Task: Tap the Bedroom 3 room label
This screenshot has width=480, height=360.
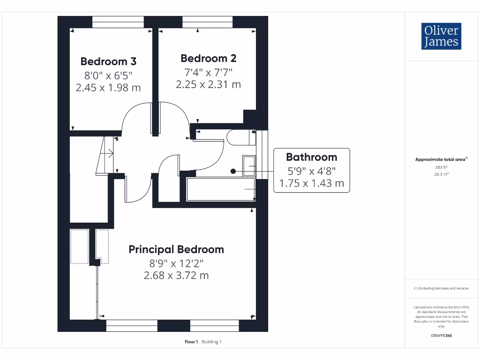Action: point(108,61)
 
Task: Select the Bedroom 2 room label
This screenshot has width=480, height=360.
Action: point(208,59)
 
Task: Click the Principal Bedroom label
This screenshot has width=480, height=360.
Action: point(176,249)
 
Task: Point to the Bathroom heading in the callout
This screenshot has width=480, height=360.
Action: point(311,157)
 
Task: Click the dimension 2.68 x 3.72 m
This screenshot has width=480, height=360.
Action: point(176,275)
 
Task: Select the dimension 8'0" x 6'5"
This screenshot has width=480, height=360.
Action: point(108,75)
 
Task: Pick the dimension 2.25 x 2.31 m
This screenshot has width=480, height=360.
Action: point(208,84)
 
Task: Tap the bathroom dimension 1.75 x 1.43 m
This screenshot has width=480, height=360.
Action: point(311,183)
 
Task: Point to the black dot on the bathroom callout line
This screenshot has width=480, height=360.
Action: point(233,172)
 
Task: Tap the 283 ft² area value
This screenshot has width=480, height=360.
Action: point(441,167)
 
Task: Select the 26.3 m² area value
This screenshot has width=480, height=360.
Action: point(441,174)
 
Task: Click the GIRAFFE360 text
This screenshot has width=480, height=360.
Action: point(441,336)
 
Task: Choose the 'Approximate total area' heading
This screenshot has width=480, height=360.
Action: point(441,159)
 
